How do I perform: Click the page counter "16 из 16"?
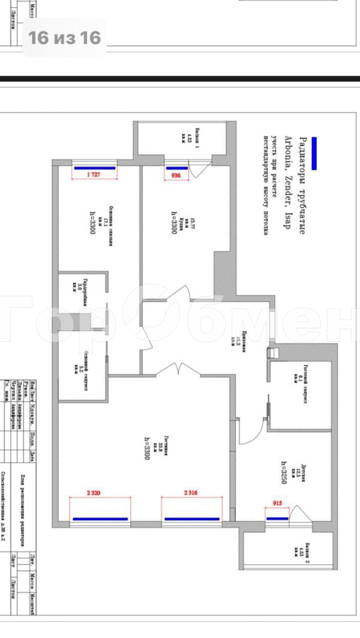[x=64, y=38]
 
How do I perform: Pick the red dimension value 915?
[x=279, y=504]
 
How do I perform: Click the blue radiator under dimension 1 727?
[x=94, y=169]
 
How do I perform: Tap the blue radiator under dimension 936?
[x=174, y=169]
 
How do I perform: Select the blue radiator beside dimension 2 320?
[x=100, y=519]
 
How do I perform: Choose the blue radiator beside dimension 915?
[x=278, y=518]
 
